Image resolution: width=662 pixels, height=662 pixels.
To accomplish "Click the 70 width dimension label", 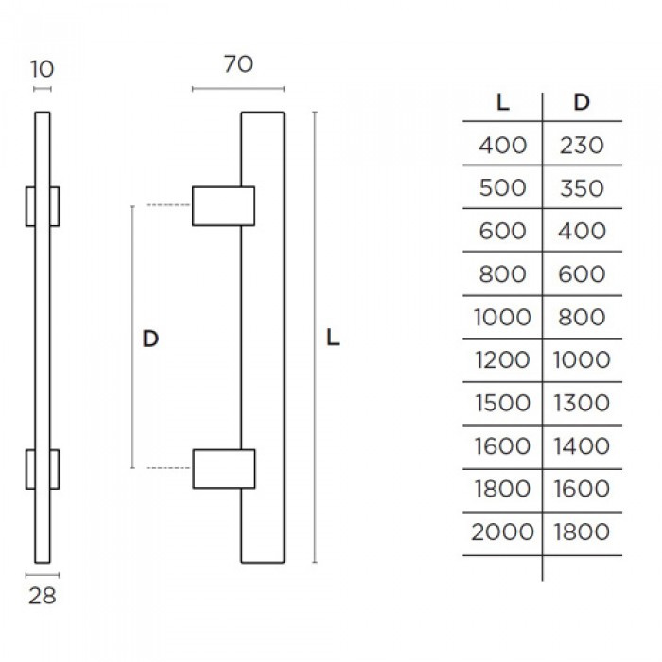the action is [238, 64].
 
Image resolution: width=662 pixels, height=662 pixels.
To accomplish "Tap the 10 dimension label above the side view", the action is [43, 69].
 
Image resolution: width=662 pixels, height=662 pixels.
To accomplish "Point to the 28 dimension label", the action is [43, 596].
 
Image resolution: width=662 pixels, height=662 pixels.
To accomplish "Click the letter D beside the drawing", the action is [150, 339].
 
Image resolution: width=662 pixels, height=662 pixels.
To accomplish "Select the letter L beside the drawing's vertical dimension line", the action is [333, 338].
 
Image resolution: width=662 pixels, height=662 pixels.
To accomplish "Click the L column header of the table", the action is [502, 102].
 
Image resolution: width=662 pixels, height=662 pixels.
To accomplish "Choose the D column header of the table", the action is [582, 102].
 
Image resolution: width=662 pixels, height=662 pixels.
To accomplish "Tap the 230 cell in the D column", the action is [582, 146].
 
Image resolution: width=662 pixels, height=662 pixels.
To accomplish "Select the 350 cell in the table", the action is [582, 188].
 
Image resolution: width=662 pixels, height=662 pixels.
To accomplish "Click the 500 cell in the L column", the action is [502, 188].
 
